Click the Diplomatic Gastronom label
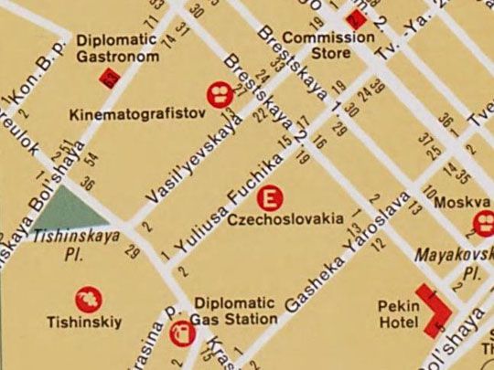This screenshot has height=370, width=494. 117,48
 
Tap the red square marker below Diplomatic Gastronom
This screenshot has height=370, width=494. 112,80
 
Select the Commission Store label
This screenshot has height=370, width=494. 328,45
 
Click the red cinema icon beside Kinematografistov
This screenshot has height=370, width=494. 219,91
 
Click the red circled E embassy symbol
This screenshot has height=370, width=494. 270,197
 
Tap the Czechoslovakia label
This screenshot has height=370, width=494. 286,219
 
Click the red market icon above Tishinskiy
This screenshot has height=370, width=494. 87,299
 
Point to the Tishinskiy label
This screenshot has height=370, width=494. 84,322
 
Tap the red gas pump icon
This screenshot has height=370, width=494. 182,335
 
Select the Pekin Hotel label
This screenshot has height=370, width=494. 397,314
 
